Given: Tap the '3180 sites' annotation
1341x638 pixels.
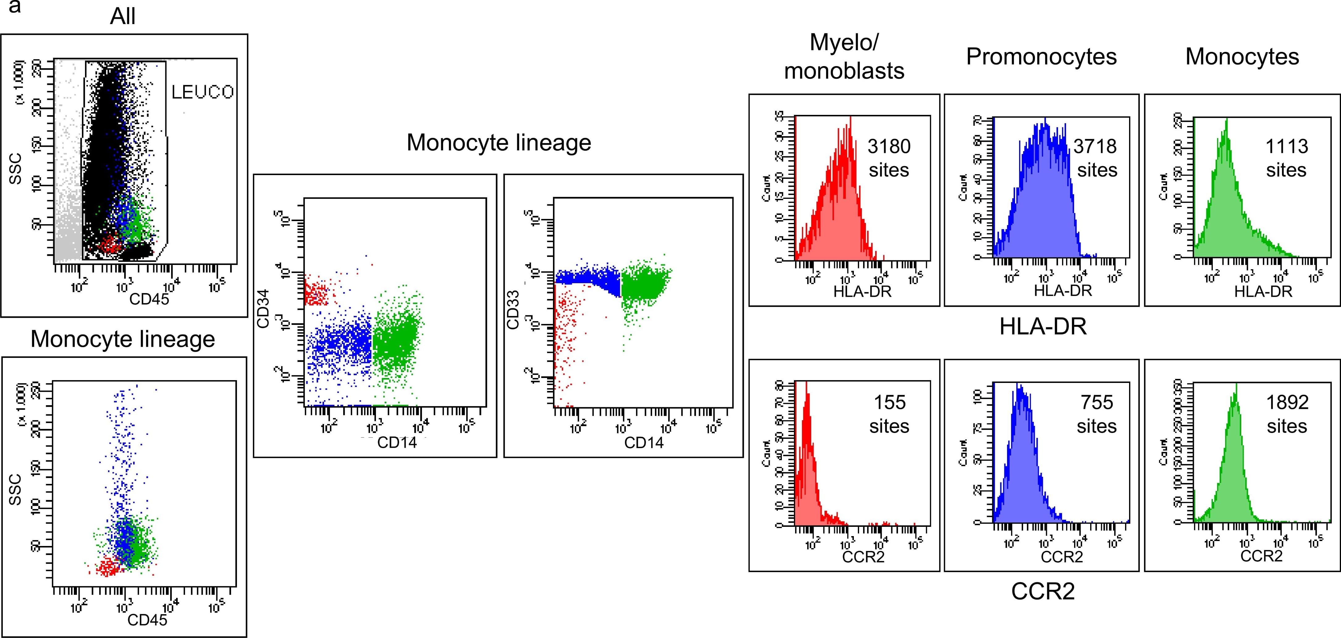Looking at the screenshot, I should (x=889, y=158).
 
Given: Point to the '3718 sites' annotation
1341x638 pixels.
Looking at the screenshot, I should (x=1096, y=158).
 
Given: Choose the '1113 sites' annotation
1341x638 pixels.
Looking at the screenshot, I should (x=1286, y=158).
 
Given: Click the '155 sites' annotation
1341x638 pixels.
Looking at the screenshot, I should (x=889, y=414).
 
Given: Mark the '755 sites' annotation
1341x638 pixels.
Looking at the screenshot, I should (x=1096, y=414).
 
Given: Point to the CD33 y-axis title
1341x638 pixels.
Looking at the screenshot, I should (x=513, y=310).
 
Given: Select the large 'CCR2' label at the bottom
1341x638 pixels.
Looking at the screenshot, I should (x=1043, y=591).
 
